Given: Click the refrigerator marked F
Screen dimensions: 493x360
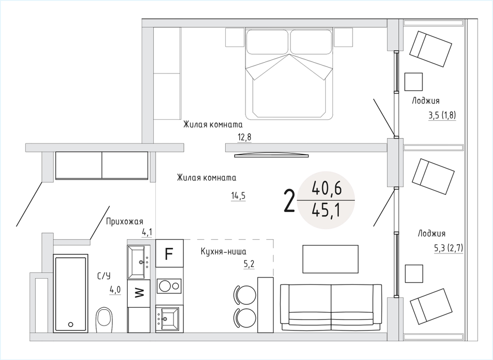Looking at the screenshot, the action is [170, 253].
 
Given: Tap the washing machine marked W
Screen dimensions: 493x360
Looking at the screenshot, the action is [139, 293].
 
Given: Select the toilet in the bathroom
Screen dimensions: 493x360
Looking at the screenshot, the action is [105, 320].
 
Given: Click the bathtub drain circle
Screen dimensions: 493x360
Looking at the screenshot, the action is [70, 324].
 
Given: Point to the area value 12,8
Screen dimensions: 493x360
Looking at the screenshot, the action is [245, 138].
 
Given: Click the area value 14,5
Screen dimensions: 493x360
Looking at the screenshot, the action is [238, 196].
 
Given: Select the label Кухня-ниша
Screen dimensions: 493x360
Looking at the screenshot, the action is [223, 252].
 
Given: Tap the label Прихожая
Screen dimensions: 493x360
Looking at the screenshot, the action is [125, 221].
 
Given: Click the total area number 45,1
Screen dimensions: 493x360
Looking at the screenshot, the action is [326, 211].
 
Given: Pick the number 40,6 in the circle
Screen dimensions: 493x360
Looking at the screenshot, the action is [326, 189].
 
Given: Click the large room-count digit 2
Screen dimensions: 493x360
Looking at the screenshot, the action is [289, 201].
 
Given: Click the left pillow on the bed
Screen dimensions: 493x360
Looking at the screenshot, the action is [267, 42].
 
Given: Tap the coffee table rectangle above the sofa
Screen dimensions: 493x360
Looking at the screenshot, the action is [330, 259].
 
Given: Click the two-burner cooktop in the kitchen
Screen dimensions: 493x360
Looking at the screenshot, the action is [169, 286].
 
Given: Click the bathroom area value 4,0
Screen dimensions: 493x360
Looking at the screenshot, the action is [115, 289].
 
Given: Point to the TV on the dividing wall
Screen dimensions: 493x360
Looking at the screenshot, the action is [272, 155].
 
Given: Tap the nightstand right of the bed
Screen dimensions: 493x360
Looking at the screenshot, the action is [343, 37].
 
